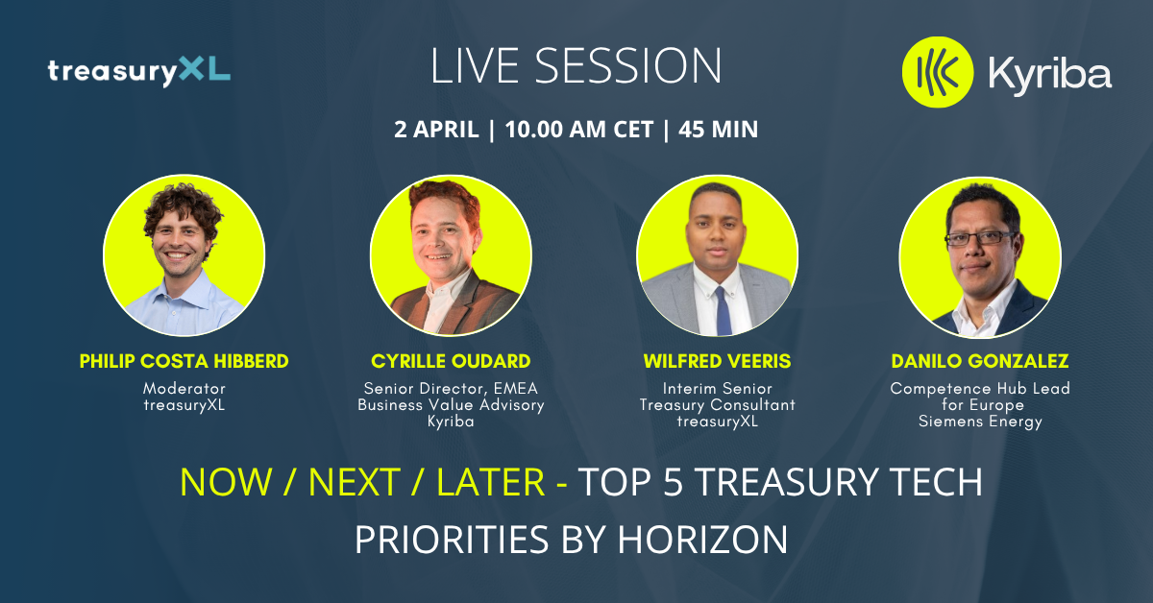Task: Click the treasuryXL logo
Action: [139, 71]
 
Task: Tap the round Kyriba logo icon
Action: [938, 72]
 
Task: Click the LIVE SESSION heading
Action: [576, 66]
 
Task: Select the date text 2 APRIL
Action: [436, 129]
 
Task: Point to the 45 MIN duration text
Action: [718, 129]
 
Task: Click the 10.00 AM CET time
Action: [579, 129]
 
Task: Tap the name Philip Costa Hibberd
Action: [184, 361]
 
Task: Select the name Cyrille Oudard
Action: [451, 361]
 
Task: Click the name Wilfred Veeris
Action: [717, 361]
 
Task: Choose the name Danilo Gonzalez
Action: [980, 361]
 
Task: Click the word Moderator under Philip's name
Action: [184, 389]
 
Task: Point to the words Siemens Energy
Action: [980, 422]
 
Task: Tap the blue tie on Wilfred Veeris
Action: [723, 311]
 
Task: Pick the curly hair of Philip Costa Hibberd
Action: [183, 209]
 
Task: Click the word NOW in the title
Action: [226, 483]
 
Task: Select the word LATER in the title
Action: [491, 483]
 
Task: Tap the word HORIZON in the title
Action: [702, 540]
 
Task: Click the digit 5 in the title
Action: [673, 483]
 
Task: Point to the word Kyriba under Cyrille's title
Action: [451, 422]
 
